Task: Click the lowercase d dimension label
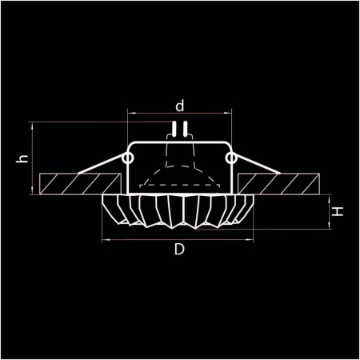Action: (180, 105)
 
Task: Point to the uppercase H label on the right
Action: (338, 212)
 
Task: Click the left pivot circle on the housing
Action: (127, 160)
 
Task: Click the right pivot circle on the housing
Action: (231, 160)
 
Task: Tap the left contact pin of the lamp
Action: (175, 129)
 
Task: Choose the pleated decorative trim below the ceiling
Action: (179, 210)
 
